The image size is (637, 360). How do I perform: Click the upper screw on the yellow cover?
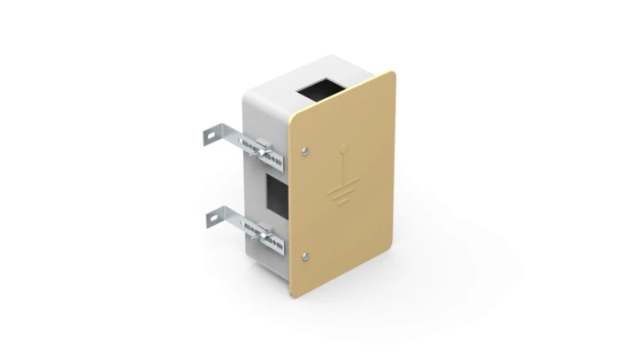tap(305, 150)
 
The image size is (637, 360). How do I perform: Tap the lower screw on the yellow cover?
tap(305, 257)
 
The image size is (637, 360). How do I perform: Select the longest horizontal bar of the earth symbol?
tap(342, 187)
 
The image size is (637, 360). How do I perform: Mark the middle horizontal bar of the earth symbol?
tap(342, 193)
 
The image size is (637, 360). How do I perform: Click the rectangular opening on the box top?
tap(320, 88)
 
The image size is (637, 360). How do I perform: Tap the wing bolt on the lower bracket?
tap(264, 232)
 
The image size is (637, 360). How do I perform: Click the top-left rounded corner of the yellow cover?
tap(295, 114)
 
